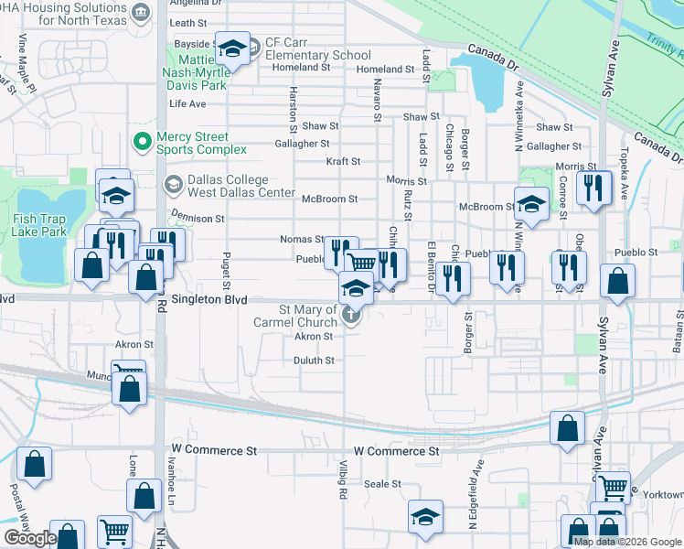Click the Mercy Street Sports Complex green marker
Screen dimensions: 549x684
142,142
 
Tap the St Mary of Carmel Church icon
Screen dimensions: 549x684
351,317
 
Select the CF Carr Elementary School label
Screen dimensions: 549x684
317,48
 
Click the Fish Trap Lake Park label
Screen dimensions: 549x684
40,225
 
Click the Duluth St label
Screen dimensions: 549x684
313,361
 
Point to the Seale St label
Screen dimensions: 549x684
382,484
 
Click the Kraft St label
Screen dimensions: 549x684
343,161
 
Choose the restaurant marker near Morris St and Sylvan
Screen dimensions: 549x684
593,188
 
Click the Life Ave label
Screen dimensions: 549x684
187,104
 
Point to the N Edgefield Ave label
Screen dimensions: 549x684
475,503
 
